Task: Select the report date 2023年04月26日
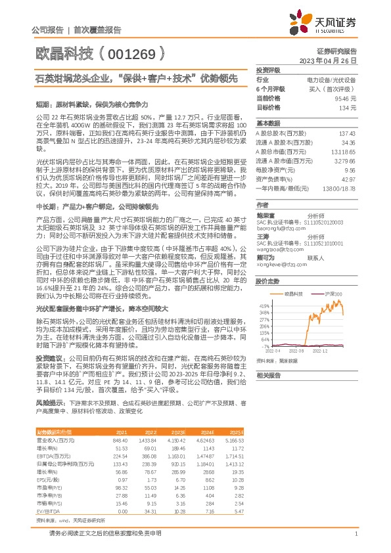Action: [327, 60]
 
